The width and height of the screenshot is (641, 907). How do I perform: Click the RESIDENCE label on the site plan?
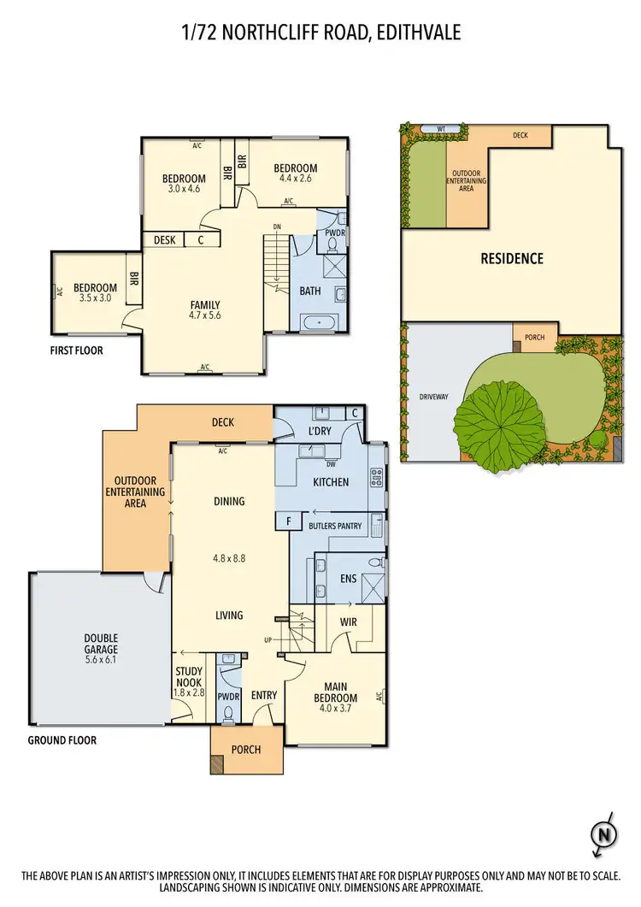[x=511, y=258]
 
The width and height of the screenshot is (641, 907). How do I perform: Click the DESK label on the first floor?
[x=165, y=240]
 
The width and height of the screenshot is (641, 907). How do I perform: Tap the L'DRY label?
[x=320, y=431]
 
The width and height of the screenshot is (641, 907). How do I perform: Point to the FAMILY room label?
[x=205, y=304]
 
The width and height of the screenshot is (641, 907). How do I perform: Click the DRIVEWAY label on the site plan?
[x=434, y=398]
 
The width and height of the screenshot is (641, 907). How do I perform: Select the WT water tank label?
[x=440, y=129]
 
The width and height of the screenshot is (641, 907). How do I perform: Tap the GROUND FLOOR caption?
[x=62, y=740]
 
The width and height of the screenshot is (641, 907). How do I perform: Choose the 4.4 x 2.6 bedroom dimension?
[x=297, y=179]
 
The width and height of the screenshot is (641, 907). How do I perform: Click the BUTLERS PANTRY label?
[x=338, y=526]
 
